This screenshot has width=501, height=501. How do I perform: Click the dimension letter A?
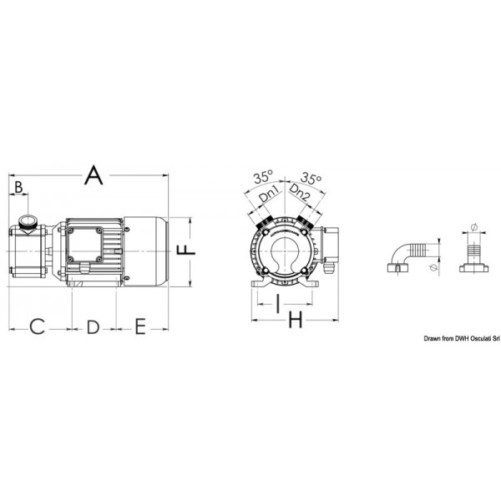click(94, 175)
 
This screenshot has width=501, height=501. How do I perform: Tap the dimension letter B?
click(18, 187)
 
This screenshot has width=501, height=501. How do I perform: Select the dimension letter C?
click(37, 326)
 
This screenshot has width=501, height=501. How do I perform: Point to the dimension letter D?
click(93, 326)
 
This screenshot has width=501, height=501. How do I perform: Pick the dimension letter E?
click(140, 326)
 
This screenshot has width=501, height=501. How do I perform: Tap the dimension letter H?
click(296, 320)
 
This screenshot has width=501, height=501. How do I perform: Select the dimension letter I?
click(278, 304)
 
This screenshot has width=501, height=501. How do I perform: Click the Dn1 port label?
click(270, 195)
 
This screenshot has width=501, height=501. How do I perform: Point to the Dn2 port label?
click(300, 194)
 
